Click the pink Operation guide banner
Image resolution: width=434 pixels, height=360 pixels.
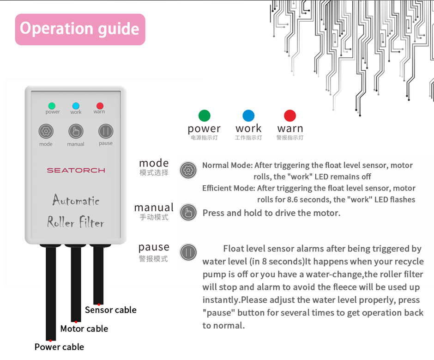80,29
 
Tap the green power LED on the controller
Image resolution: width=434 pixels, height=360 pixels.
52,106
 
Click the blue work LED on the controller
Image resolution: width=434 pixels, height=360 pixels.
76,106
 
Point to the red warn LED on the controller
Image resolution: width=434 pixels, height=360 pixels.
99,106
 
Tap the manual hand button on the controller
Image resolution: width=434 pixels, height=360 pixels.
76,132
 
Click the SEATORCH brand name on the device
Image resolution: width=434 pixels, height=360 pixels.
76,170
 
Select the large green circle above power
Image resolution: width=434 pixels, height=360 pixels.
204,116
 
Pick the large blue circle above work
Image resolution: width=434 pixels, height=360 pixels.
248,116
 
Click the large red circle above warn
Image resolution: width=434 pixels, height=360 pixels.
290,116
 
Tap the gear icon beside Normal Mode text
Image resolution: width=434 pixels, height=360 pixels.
188,170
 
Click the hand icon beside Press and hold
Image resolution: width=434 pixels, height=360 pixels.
188,213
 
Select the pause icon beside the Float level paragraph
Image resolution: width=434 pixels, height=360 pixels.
188,252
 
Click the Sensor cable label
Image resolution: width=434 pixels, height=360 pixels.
111,310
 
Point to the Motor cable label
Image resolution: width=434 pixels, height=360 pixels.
84,329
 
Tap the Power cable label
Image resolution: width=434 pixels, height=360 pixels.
59,347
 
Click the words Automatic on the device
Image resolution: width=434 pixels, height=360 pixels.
76,201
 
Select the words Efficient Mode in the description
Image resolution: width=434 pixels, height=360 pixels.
228,188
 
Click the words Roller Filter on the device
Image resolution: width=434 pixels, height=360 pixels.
76,223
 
